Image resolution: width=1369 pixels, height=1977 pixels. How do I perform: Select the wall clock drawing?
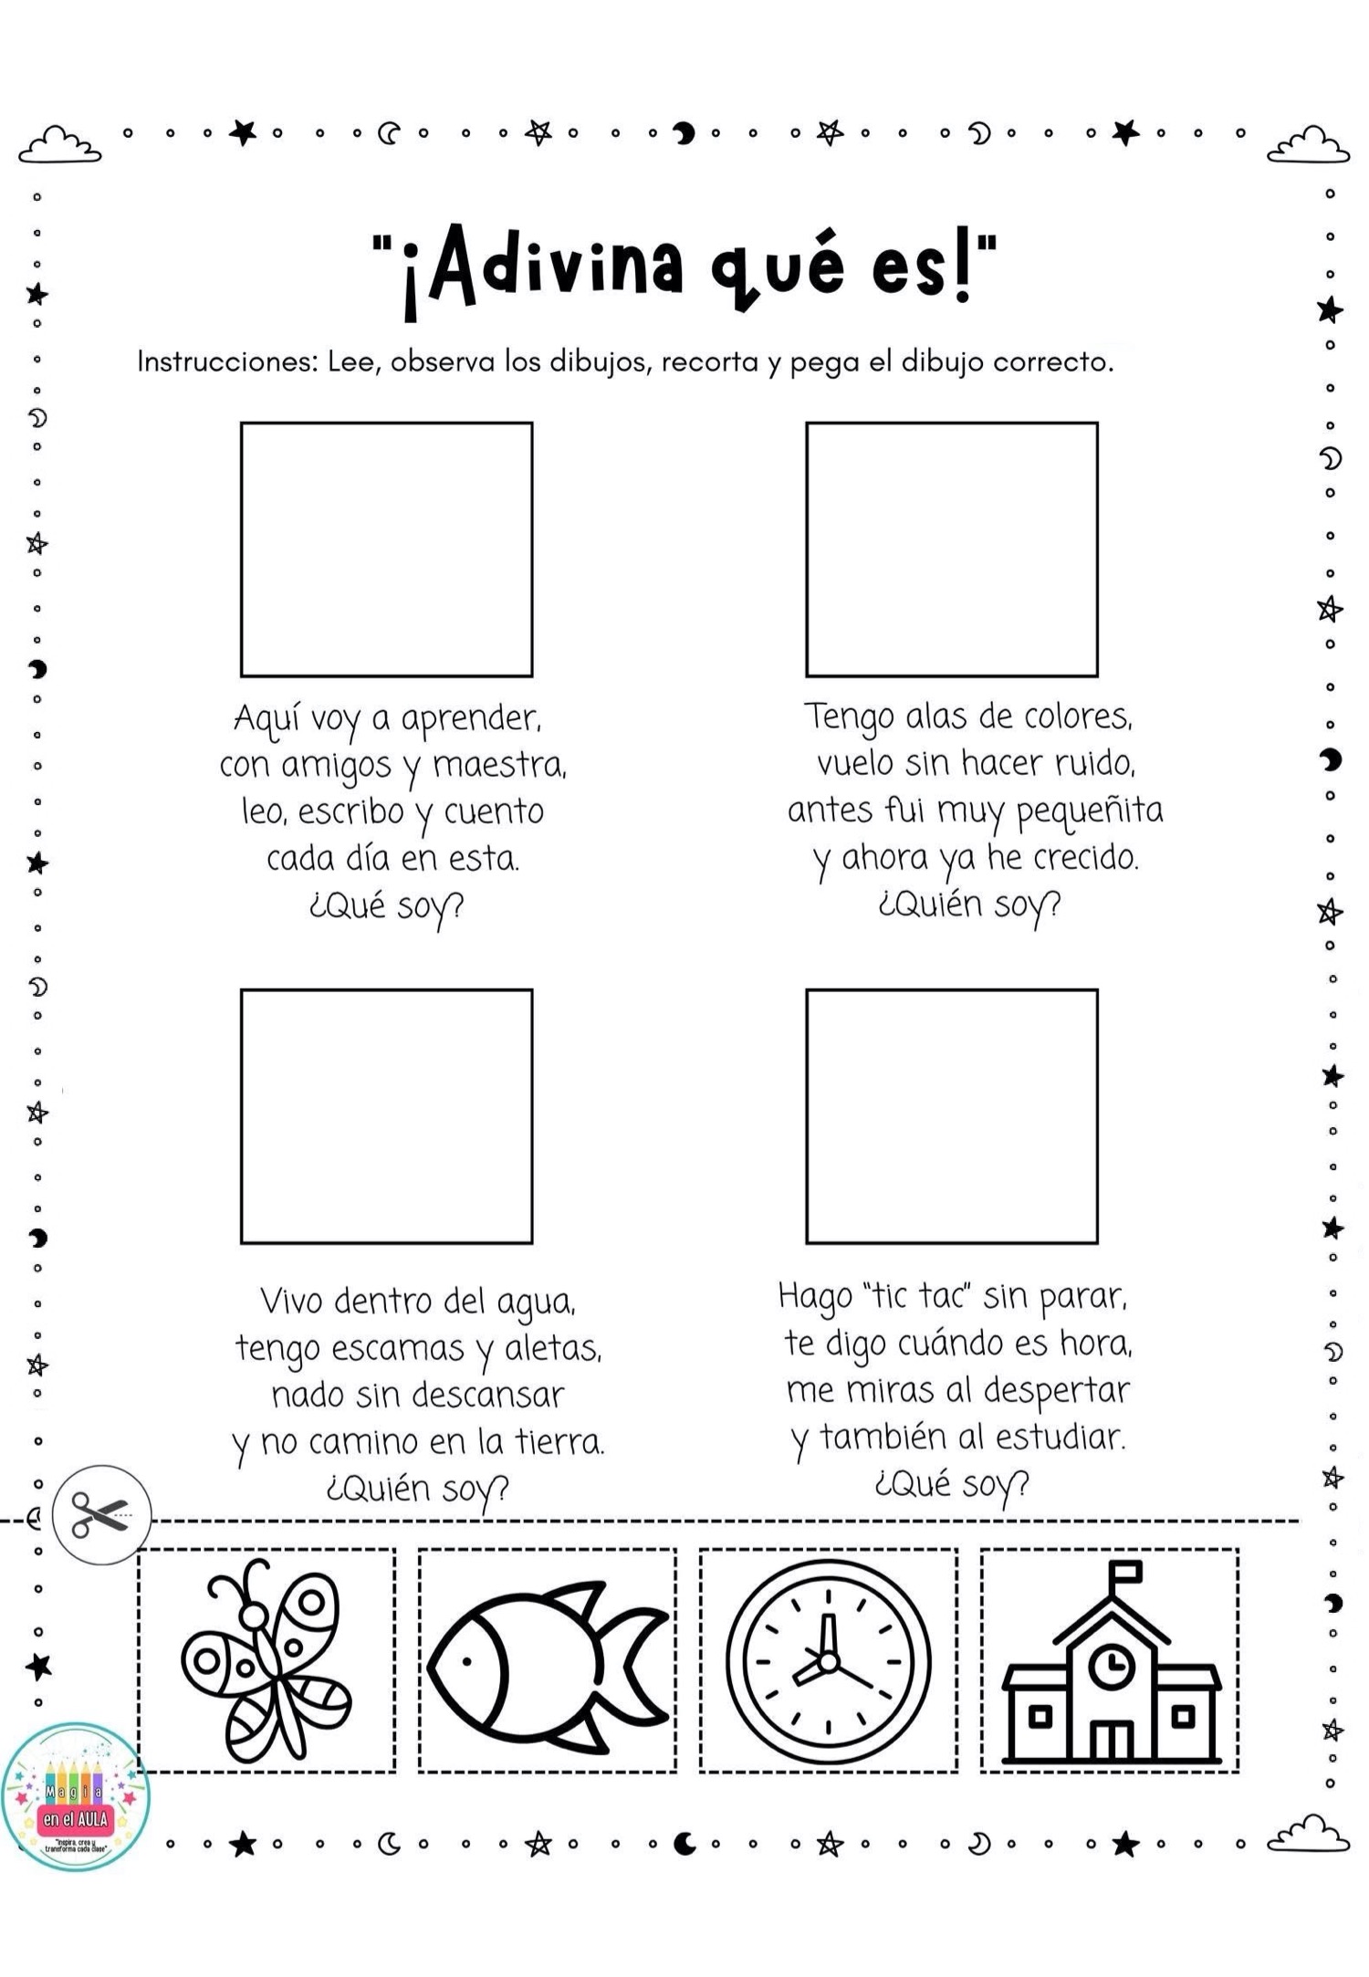pyautogui.click(x=828, y=1661)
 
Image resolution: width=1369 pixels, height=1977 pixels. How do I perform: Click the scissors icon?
pyautogui.click(x=100, y=1515)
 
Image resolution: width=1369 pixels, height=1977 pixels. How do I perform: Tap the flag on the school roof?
pyautogui.click(x=1125, y=1572)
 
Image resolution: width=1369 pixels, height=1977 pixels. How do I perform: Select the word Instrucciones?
pyautogui.click(x=225, y=362)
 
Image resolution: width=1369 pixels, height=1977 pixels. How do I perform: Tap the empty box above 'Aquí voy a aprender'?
pyautogui.click(x=386, y=549)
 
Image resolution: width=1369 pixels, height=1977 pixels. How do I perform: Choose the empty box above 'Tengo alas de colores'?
pyautogui.click(x=951, y=549)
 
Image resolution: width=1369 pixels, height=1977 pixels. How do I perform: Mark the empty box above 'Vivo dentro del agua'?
pyautogui.click(x=386, y=1116)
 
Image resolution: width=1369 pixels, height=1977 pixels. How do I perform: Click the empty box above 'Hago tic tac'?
pyautogui.click(x=951, y=1116)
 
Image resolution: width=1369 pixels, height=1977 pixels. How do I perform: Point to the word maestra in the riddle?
pyautogui.click(x=498, y=765)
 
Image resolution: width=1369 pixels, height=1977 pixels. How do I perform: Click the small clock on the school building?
pyautogui.click(x=1111, y=1666)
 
